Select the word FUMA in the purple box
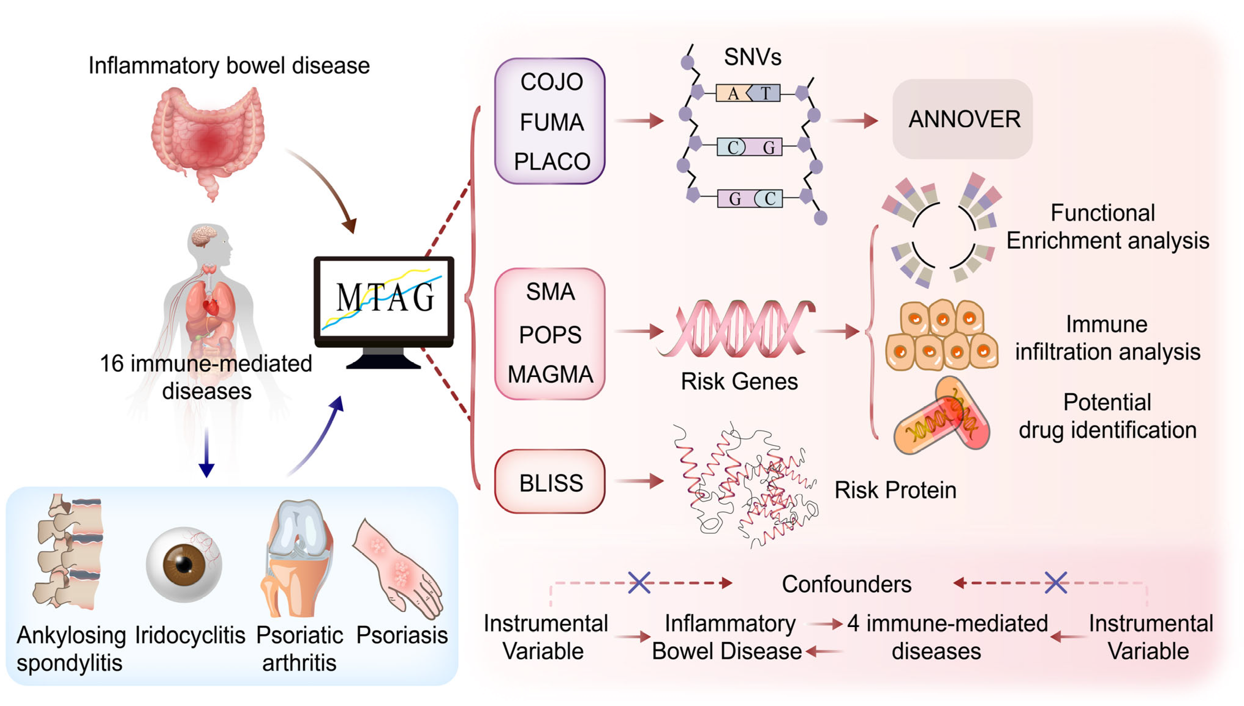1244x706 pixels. click(551, 122)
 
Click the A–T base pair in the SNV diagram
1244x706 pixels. click(748, 93)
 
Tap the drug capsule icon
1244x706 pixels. click(941, 417)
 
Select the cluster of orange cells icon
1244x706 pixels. click(941, 335)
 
